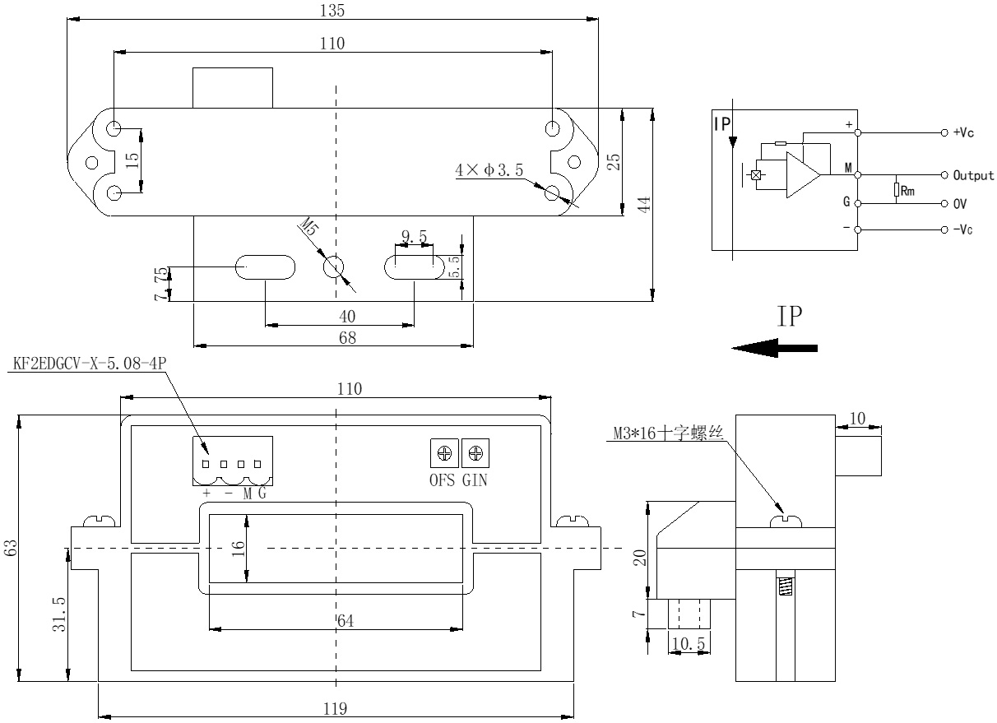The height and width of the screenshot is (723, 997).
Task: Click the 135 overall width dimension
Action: (333, 11)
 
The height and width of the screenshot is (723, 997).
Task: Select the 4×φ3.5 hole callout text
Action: (489, 170)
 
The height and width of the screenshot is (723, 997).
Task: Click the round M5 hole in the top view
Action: (335, 267)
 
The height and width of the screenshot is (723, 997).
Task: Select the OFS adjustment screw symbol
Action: (445, 452)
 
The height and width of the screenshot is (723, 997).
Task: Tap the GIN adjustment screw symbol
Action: (475, 452)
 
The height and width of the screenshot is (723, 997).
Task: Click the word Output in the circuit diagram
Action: (973, 175)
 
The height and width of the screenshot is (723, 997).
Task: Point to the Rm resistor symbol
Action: (897, 191)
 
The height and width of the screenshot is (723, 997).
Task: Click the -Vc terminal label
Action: (962, 229)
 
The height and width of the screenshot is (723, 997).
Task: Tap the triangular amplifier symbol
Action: (803, 175)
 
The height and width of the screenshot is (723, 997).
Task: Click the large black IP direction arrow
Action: (774, 349)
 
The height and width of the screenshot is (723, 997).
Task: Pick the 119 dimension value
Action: (336, 709)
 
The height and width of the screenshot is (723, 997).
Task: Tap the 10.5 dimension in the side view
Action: (688, 643)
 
